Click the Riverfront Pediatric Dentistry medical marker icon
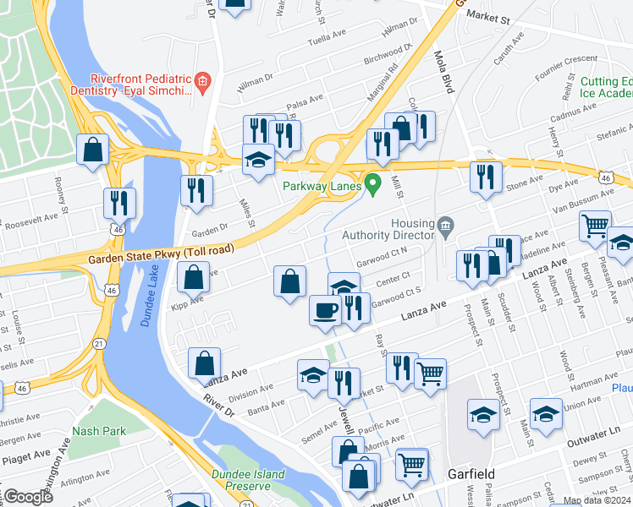[x=202, y=82]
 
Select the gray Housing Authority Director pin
[x=444, y=226]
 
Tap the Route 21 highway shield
[x=100, y=343]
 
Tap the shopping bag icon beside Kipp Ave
[x=194, y=276]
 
